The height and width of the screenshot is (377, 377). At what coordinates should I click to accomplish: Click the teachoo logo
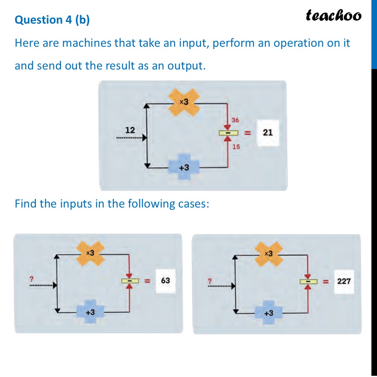[334, 16]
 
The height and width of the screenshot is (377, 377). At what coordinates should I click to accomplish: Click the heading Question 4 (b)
[52, 20]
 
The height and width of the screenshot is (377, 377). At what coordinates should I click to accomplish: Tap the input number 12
[130, 130]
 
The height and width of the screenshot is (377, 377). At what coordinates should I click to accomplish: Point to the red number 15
[236, 147]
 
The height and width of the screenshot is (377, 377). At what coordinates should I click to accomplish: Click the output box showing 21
[268, 132]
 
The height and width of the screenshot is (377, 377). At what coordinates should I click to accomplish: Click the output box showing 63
[165, 280]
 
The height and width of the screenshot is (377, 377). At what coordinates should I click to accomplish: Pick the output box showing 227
[343, 281]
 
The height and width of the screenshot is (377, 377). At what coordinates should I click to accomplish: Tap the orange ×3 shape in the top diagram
[184, 103]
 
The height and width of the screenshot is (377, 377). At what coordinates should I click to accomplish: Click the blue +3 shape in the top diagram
[184, 168]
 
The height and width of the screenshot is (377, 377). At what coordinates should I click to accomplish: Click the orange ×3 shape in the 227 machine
[269, 254]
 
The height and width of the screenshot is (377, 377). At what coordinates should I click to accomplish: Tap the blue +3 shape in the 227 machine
[268, 312]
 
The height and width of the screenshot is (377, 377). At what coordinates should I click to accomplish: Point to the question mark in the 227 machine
[209, 280]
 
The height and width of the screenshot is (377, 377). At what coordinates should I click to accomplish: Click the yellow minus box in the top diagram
[227, 133]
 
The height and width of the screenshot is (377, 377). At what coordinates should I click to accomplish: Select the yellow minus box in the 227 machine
[308, 281]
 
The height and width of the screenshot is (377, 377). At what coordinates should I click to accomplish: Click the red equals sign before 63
[147, 281]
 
